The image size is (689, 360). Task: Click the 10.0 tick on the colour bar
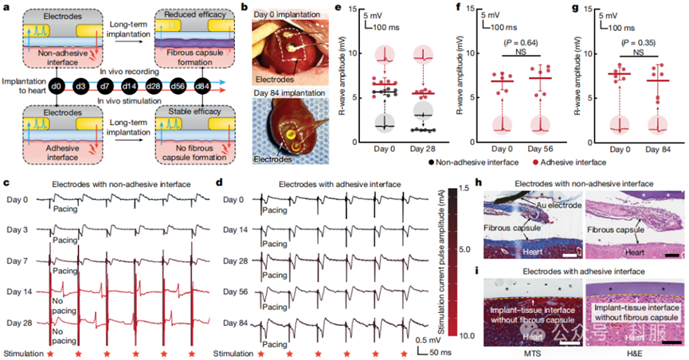click(452, 337)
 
